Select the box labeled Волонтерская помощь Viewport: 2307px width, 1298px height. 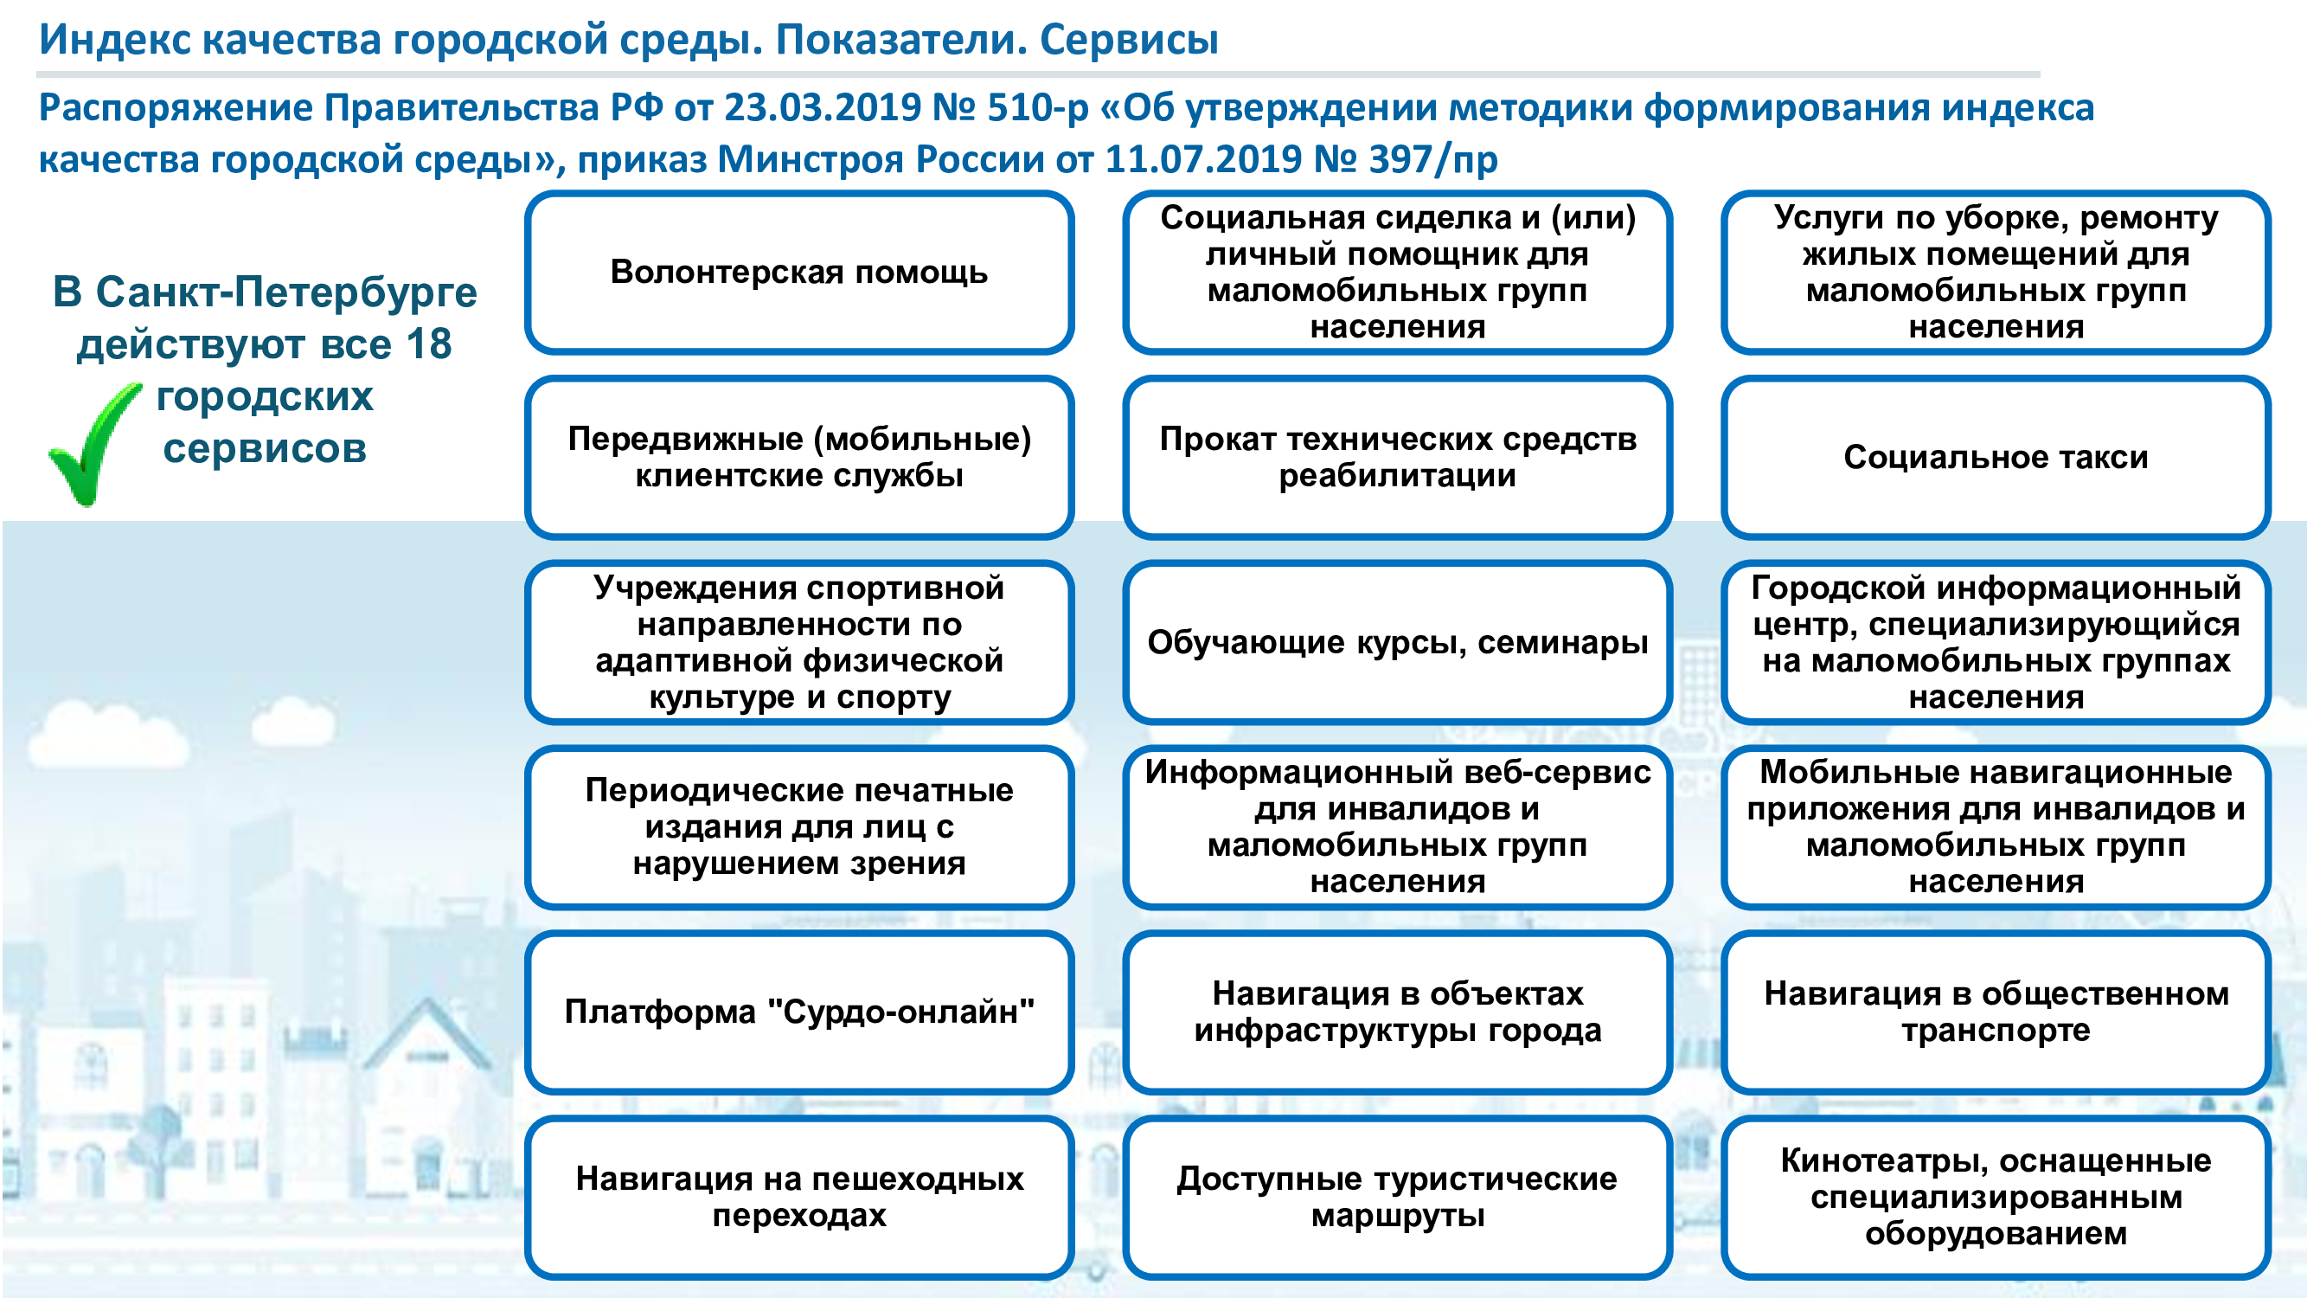[x=799, y=273]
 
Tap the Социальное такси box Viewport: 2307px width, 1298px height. [x=1996, y=457]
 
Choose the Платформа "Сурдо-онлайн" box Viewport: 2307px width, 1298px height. [x=799, y=1012]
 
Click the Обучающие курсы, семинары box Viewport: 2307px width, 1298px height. [x=1397, y=642]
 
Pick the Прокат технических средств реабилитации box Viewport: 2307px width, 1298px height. [x=1397, y=457]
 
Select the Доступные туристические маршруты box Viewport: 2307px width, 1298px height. [x=1397, y=1197]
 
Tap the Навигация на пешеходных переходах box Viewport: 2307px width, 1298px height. [x=799, y=1197]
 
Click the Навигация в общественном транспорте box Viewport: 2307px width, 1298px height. [x=1996, y=1012]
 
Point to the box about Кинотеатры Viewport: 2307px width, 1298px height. [x=1996, y=1197]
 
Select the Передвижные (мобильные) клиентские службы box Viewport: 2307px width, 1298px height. [x=799, y=457]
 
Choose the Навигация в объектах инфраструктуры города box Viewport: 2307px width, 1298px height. [x=1397, y=1012]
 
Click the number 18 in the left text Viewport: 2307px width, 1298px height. [x=428, y=344]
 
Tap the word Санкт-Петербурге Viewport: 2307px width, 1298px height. [x=286, y=292]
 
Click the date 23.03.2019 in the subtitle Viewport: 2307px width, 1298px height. [x=823, y=107]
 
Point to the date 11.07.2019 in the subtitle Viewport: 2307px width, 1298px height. [x=1203, y=159]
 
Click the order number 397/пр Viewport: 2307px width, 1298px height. [x=1434, y=160]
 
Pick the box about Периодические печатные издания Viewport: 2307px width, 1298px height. [x=799, y=826]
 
